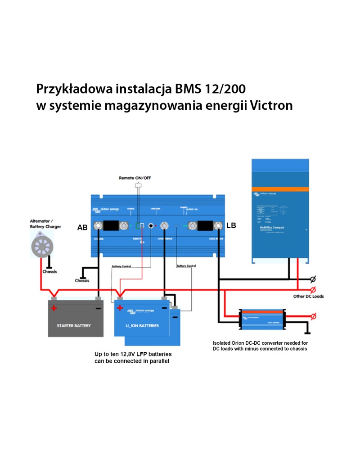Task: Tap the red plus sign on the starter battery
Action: (54, 308)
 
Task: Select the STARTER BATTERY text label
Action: (74, 325)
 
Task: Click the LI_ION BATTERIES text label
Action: (143, 325)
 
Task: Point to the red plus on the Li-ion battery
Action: (120, 308)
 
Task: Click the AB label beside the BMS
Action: (82, 228)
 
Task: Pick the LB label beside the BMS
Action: (231, 225)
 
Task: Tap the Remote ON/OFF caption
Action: (135, 178)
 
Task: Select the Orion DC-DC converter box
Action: (262, 318)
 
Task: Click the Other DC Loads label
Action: (308, 297)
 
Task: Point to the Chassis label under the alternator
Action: (49, 272)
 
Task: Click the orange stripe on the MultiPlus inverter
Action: (280, 189)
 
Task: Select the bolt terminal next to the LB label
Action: (219, 225)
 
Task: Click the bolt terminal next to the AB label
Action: (97, 226)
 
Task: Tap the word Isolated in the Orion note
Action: (223, 343)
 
